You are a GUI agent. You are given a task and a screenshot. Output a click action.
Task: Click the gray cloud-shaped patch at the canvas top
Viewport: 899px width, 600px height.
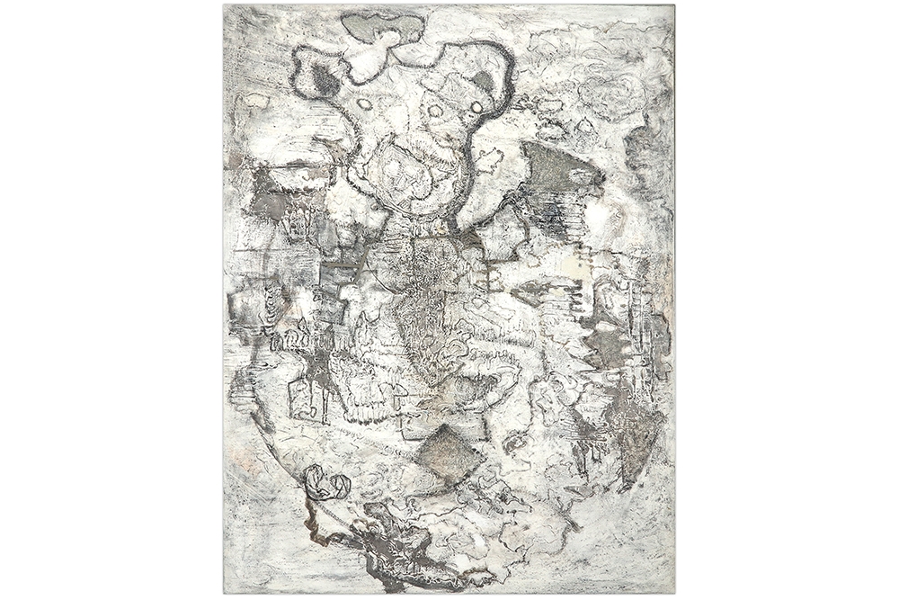tap(382, 26)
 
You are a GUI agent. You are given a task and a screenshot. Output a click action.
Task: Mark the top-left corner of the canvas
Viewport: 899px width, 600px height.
tap(225, 6)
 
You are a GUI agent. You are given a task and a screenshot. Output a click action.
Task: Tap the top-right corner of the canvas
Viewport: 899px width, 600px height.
tap(674, 6)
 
